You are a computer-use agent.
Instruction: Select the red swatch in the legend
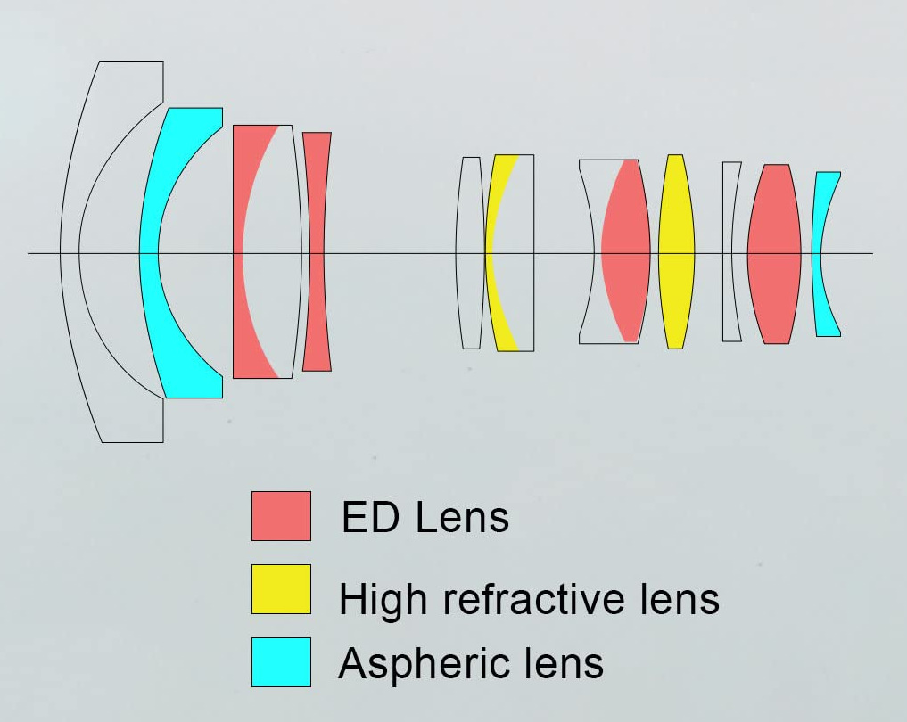281,516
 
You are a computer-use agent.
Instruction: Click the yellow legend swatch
281,589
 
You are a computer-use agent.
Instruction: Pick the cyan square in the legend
281,661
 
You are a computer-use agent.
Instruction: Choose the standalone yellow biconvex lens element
676,252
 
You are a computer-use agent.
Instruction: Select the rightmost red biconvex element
774,254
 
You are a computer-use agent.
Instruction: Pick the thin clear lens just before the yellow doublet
470,252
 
